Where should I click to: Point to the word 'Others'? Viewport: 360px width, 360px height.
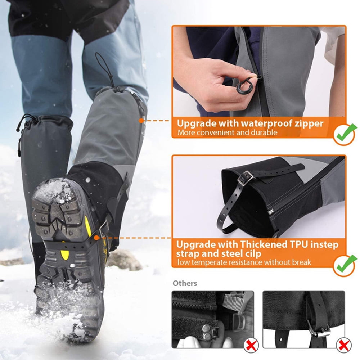(x=185, y=283)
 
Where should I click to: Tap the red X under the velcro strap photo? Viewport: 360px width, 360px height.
(x=251, y=345)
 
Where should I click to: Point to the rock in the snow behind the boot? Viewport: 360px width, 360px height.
(x=124, y=260)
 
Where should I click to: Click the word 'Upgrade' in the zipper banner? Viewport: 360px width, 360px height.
(x=197, y=123)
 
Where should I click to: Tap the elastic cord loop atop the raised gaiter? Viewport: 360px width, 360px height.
(x=104, y=68)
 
